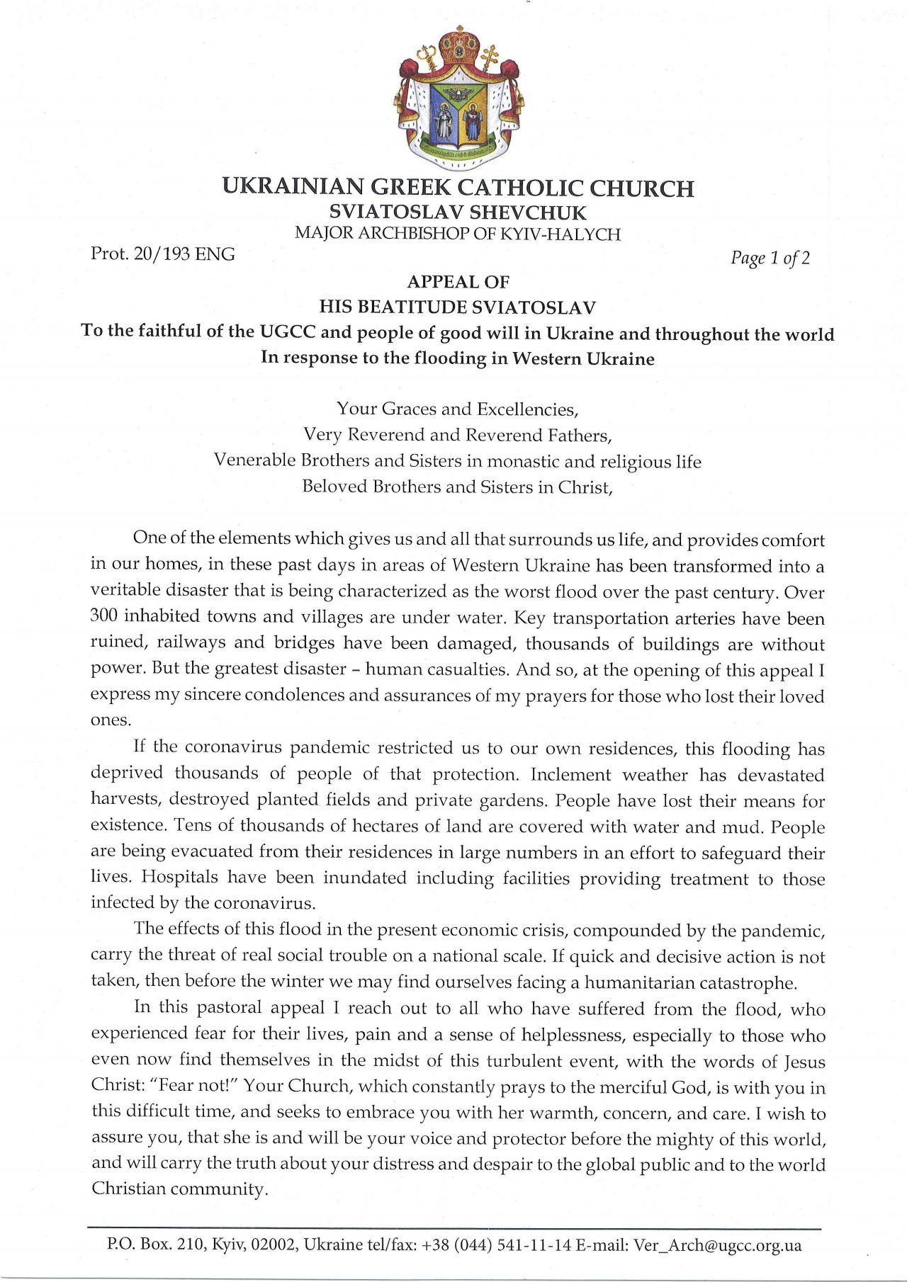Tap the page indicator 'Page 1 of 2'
(770, 258)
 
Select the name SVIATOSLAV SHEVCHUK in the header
(458, 212)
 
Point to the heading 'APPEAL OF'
(458, 282)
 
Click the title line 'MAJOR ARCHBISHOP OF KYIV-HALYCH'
(458, 234)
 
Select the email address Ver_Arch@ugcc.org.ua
(717, 1245)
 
